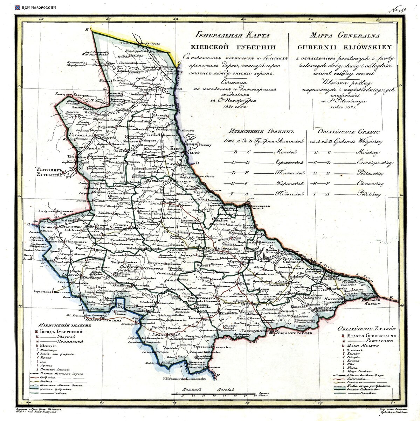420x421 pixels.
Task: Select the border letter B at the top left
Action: (x=88, y=30)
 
